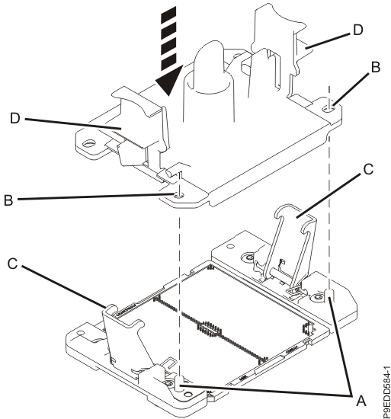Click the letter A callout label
pos(361,401)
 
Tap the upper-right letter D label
pos(358,30)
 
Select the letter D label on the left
pos(15,118)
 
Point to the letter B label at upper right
pos(376,67)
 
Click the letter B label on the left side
pos(8,200)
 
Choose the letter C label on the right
pos(368,169)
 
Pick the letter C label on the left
pos(12,264)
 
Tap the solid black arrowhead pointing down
pos(169,81)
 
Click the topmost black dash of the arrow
pos(168,14)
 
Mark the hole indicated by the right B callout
pos(329,109)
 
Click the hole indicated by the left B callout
pos(178,197)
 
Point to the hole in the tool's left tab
pos(89,144)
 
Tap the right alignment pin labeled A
pos(330,295)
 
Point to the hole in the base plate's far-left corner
pos(80,333)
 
